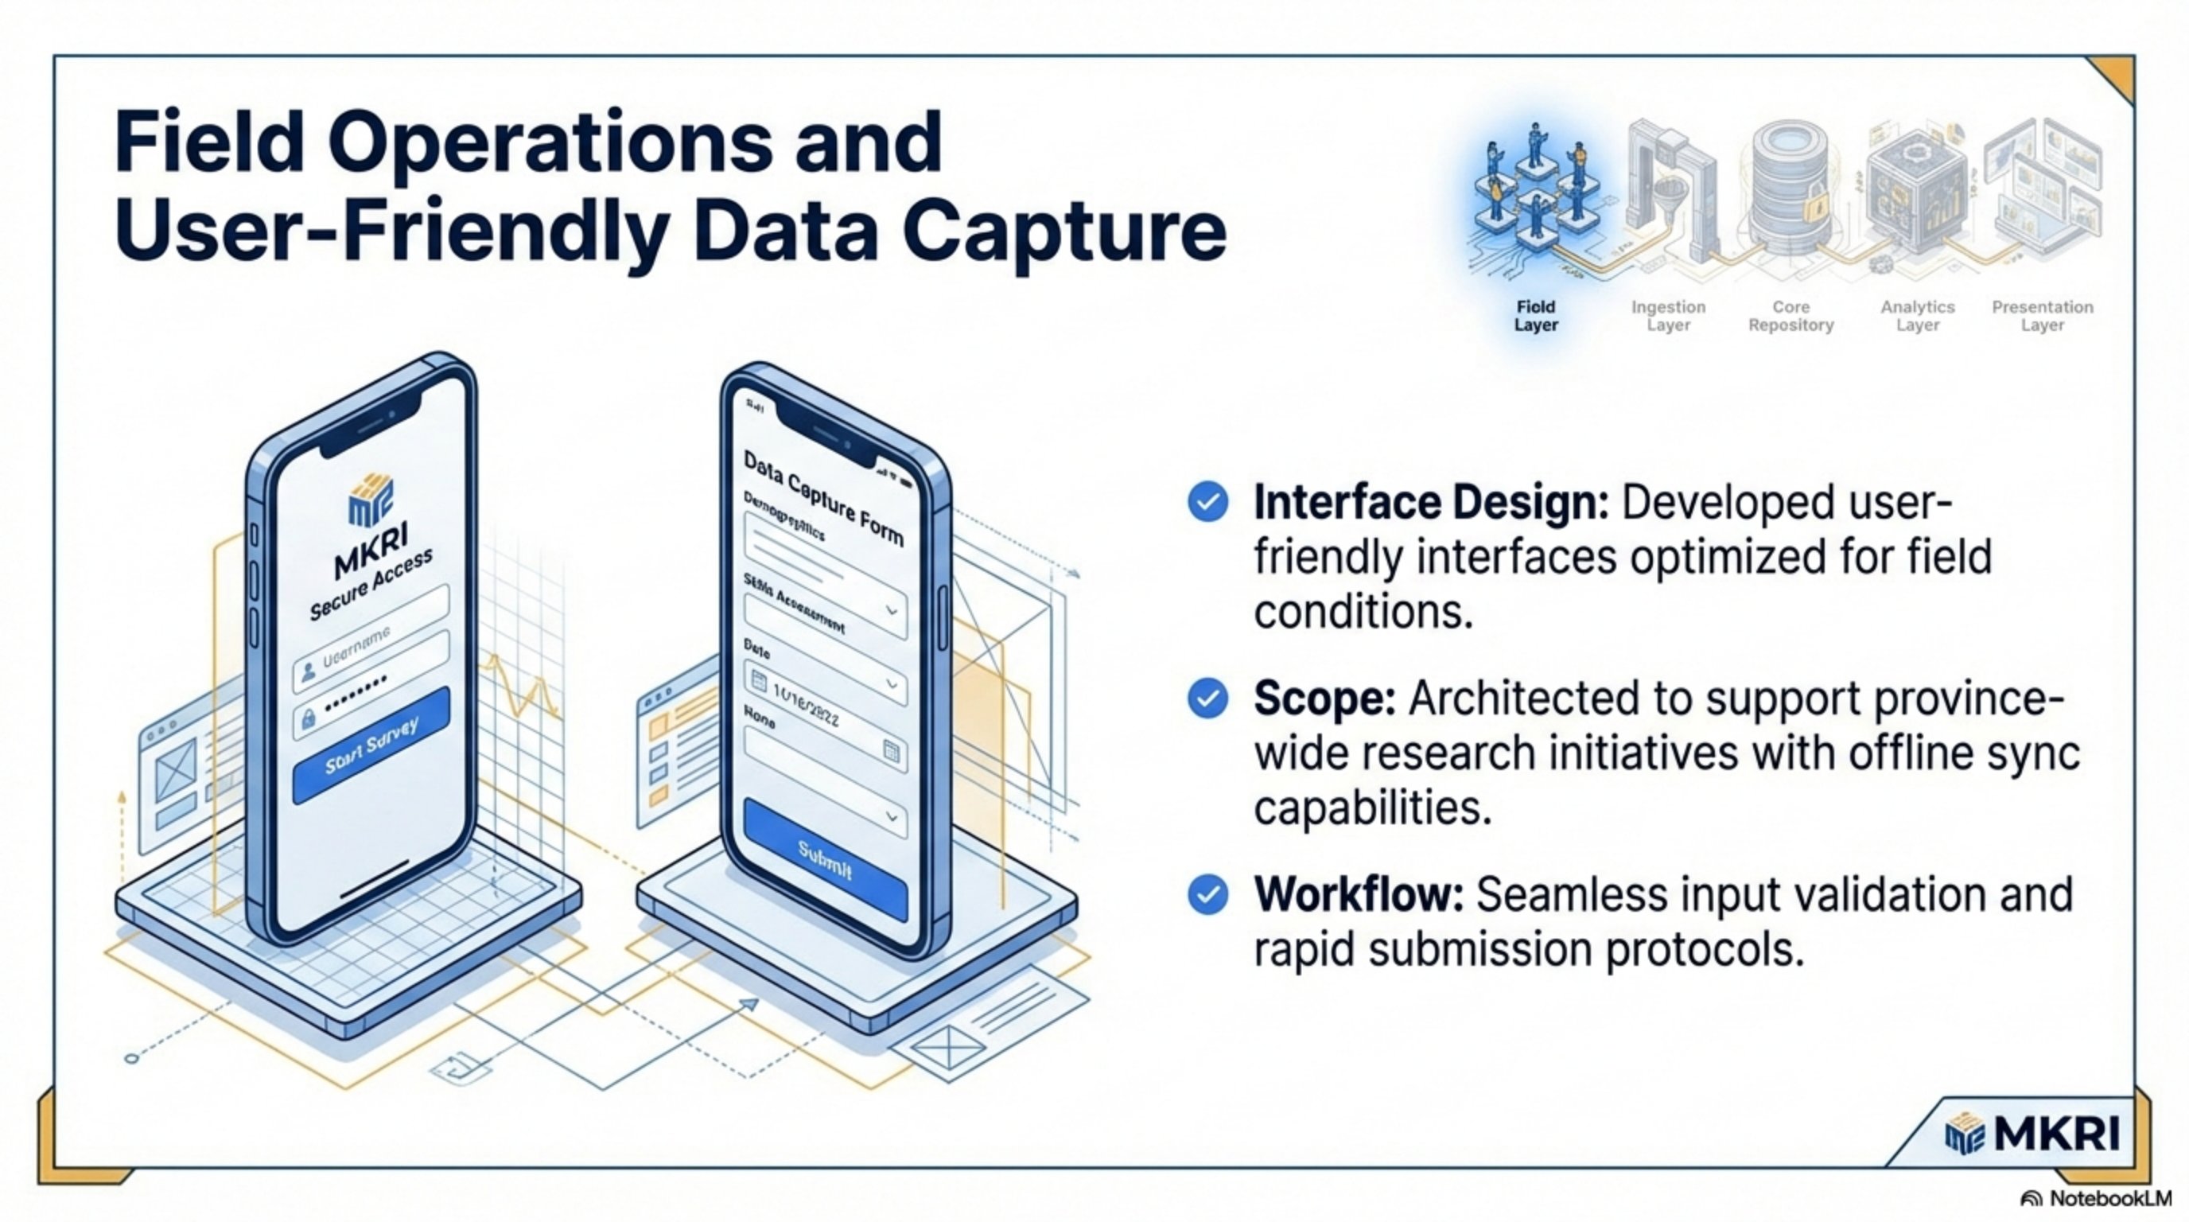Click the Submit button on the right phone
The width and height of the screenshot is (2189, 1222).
click(825, 860)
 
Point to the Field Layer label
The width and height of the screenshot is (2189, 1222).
click(1535, 316)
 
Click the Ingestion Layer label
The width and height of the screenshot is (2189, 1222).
click(1668, 316)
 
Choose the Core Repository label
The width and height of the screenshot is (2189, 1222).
click(1790, 316)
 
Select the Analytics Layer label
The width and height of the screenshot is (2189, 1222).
click(1917, 316)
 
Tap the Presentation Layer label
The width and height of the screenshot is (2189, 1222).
click(2042, 316)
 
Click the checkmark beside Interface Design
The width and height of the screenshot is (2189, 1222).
click(1207, 501)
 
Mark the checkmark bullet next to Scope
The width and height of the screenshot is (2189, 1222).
click(1207, 699)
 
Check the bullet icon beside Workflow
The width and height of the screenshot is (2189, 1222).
click(1207, 895)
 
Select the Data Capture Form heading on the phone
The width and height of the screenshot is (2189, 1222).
click(822, 498)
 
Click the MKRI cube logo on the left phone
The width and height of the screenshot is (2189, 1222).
click(371, 498)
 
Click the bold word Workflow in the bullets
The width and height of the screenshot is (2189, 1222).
click(1358, 895)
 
